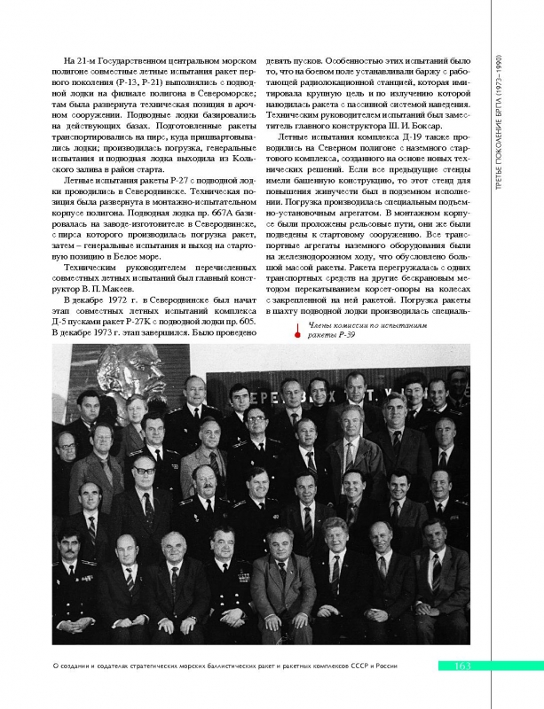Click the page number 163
point(462,666)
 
